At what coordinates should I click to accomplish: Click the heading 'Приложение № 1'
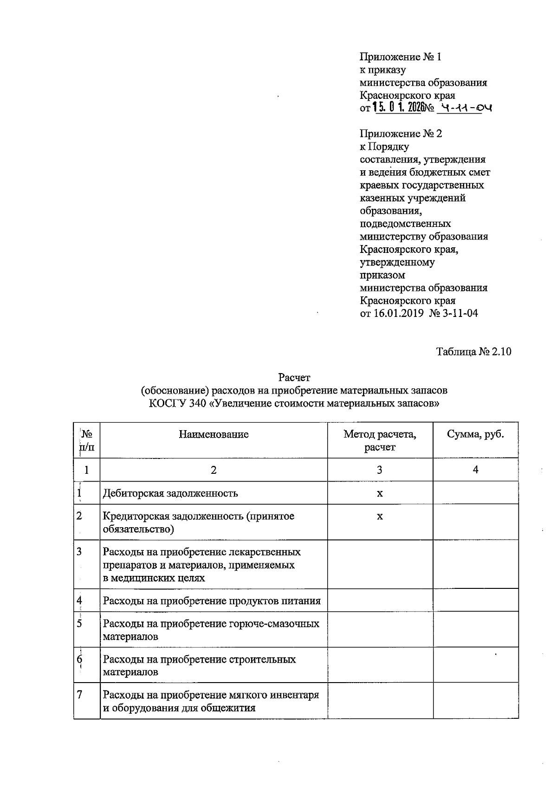pyautogui.click(x=401, y=57)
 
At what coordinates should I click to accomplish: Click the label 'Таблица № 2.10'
pyautogui.click(x=473, y=352)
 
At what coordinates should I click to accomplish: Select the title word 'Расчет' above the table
pyautogui.click(x=294, y=377)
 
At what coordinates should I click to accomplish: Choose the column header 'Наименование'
pyautogui.click(x=214, y=435)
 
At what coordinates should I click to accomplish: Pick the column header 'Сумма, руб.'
pyautogui.click(x=475, y=435)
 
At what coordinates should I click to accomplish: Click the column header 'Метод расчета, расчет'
pyautogui.click(x=380, y=441)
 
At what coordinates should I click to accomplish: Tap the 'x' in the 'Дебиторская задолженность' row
pyautogui.click(x=380, y=493)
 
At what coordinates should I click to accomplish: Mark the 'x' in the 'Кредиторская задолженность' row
pyautogui.click(x=380, y=516)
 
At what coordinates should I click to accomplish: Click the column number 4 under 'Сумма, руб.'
pyautogui.click(x=475, y=470)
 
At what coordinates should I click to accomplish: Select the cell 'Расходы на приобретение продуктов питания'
pyautogui.click(x=212, y=601)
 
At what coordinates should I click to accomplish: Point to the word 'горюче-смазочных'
pyautogui.click(x=274, y=624)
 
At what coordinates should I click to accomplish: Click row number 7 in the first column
pyautogui.click(x=80, y=695)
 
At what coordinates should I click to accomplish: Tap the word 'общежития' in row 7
pyautogui.click(x=221, y=709)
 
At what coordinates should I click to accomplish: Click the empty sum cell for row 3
pyautogui.click(x=475, y=564)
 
